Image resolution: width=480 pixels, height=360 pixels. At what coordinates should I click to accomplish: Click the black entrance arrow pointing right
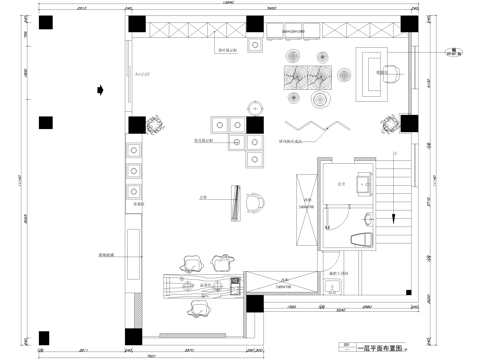[x=100, y=89]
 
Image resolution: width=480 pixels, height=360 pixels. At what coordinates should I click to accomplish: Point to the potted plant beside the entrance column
[x=155, y=125]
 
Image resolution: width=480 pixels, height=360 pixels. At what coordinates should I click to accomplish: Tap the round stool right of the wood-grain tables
[x=346, y=72]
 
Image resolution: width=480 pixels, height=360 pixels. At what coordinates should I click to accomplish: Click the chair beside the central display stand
[x=254, y=202]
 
